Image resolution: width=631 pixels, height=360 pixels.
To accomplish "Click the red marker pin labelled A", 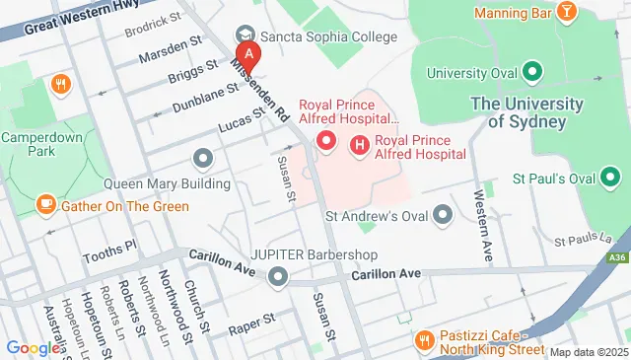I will coord(249,53).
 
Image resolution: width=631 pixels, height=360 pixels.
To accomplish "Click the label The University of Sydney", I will coord(518,112).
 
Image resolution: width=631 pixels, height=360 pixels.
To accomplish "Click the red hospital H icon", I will coord(359,146).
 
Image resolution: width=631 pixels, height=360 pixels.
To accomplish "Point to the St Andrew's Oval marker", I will coord(443,214).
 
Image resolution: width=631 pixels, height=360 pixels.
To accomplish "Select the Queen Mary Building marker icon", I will coord(204,158).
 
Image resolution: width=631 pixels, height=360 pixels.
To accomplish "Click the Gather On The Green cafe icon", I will coord(45,205).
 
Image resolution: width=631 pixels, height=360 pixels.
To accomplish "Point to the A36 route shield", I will coord(617,257).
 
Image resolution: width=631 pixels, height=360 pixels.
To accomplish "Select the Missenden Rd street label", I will coord(259,84).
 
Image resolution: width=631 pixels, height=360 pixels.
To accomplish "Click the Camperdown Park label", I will coord(40,146).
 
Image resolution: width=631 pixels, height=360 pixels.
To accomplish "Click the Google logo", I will coord(32,347).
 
